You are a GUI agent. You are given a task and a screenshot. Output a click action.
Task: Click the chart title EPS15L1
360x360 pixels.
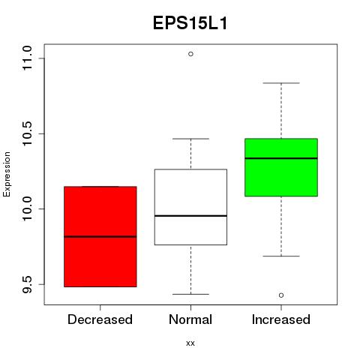coord(190,23)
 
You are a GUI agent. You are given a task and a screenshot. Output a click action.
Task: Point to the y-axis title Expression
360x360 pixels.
coord(7,174)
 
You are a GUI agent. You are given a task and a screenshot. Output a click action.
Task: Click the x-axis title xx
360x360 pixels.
coord(190,343)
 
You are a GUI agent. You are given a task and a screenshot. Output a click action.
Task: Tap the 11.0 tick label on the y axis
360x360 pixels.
coord(27,58)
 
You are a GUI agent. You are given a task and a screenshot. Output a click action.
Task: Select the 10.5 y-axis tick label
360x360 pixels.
coord(27,133)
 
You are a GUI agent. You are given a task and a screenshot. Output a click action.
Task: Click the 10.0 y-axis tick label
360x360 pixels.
coord(27,208)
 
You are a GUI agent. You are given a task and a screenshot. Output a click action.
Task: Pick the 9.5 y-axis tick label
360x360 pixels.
coord(27,284)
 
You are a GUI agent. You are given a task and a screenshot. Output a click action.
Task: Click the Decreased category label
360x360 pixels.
coord(100,319)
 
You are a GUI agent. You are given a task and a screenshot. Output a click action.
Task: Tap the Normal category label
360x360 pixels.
coord(190,319)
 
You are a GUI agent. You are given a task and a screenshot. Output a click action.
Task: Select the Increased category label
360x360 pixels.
coord(281,319)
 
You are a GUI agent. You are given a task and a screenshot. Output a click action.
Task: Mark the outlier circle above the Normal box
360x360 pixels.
coord(190,54)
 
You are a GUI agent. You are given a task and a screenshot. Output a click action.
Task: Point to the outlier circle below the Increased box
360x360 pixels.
coord(281,295)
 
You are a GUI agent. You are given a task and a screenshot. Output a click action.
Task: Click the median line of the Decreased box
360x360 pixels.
coord(100,236)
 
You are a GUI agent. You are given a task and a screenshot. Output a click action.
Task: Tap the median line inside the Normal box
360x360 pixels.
coord(190,216)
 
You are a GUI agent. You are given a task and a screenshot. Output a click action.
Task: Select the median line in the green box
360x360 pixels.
coord(281,158)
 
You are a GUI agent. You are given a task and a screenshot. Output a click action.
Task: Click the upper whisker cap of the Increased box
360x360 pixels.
coord(281,83)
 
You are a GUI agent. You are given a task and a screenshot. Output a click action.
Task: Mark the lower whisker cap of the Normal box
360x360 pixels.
coord(190,294)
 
